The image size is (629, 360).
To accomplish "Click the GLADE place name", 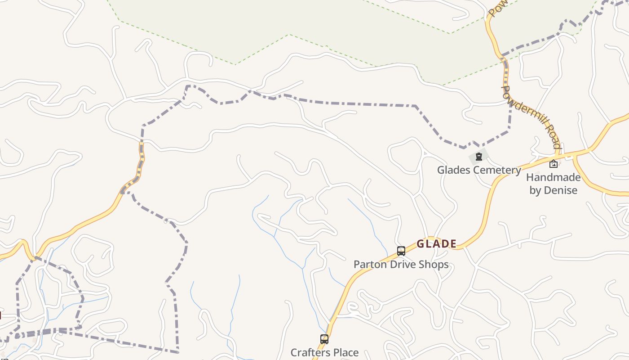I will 436,244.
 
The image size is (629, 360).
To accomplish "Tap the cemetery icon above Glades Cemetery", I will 479,157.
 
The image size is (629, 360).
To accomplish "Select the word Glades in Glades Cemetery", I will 454,170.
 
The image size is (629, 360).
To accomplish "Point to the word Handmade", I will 553,177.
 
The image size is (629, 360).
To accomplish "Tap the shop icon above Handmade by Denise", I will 554,164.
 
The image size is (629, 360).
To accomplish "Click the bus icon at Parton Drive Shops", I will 401,251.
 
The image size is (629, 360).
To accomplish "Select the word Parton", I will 369,264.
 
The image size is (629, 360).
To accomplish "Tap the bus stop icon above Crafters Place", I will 324,339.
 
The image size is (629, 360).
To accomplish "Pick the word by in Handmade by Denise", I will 535,190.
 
